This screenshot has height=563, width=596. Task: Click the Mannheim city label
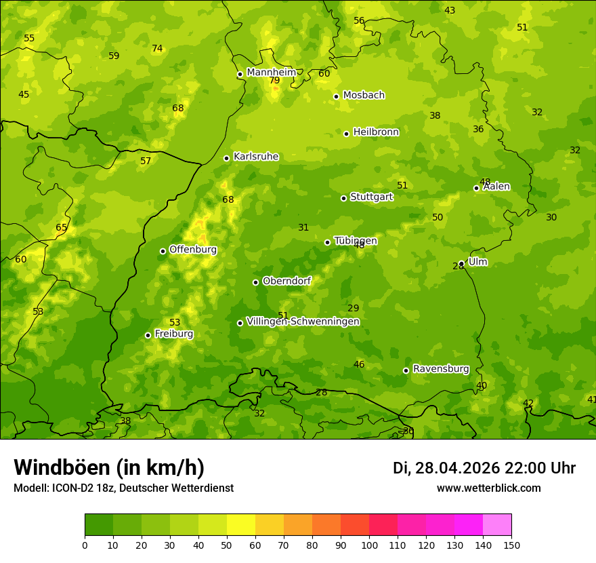(272, 73)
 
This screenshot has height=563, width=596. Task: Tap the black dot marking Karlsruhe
(227, 158)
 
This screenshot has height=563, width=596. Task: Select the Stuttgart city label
(371, 197)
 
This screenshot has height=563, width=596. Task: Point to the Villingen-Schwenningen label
(303, 322)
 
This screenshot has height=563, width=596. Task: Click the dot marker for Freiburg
(148, 335)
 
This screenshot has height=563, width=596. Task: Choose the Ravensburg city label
(441, 369)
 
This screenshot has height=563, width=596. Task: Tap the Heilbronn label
(376, 132)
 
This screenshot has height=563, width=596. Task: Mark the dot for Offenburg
(163, 251)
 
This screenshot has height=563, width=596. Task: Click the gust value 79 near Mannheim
(274, 80)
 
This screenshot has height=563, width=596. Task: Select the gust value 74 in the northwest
(157, 48)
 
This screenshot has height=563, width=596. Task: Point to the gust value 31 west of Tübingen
(303, 227)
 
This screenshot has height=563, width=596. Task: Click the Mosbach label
(364, 96)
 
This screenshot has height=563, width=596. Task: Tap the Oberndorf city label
(287, 281)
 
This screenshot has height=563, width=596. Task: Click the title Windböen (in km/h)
(109, 467)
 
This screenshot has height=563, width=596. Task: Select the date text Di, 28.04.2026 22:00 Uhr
(484, 468)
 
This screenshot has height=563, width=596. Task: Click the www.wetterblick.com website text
(488, 488)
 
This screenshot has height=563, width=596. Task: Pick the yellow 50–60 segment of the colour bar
(241, 525)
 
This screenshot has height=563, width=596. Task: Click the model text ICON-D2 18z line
(123, 488)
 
